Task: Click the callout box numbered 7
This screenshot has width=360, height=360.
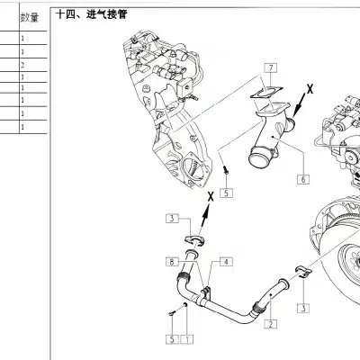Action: click(272, 68)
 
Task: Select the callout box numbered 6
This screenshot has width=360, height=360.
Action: click(303, 179)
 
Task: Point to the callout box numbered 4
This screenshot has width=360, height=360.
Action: click(225, 261)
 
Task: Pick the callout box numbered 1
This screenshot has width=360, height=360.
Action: click(186, 339)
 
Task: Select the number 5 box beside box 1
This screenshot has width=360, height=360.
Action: click(171, 339)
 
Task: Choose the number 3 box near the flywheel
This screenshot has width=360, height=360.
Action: click(304, 308)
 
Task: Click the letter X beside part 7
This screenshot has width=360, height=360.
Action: click(310, 90)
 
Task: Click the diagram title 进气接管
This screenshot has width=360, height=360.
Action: click(112, 15)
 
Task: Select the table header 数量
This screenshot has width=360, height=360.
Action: click(29, 17)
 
